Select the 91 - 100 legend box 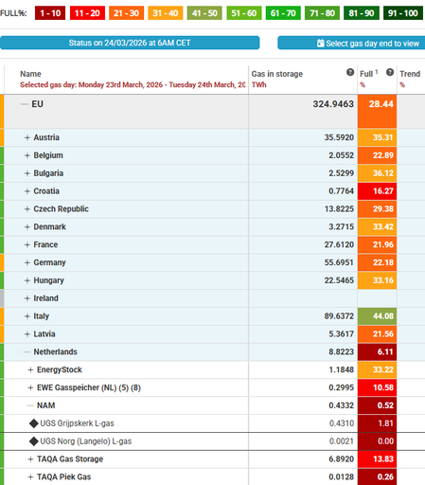[401, 13]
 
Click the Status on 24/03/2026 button [130, 44]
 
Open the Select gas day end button [352, 44]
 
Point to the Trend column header [410, 73]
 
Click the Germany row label [50, 262]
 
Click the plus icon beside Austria [27, 138]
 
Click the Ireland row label [46, 298]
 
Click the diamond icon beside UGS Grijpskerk [34, 422]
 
